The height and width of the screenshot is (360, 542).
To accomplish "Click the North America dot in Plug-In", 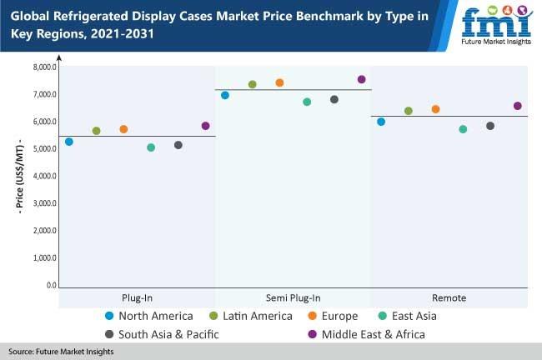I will coord(69,142).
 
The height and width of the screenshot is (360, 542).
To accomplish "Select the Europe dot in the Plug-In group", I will coord(123,129).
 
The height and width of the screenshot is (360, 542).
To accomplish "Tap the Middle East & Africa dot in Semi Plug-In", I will coord(361,79).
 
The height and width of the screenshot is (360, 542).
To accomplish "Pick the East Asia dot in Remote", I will coord(463,129).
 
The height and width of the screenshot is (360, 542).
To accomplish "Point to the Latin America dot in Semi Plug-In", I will coord(253,84).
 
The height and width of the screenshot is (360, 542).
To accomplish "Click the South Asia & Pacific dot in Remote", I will coord(490,126).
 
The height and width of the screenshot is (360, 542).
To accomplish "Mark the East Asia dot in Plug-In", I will coord(151,147).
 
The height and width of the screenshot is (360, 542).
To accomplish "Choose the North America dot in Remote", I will coord(381,122).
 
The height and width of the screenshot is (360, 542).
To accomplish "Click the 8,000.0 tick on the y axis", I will coord(44,67).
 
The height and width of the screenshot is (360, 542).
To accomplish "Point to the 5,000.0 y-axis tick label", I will coord(44,149).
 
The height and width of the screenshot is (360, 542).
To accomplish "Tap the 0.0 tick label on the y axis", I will coord(51,286).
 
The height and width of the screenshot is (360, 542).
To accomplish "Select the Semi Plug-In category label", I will coord(293,297).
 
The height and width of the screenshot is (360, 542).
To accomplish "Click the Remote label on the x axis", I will coord(449,297).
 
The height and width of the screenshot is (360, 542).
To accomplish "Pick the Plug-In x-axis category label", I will coord(137,297).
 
